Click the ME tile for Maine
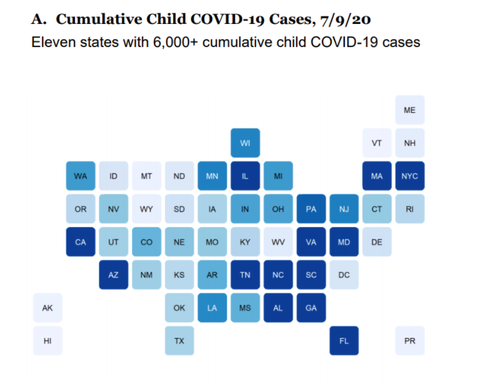pos(409,110)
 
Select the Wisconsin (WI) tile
pos(245,143)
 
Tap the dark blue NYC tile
pos(409,176)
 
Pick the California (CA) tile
pos(80,242)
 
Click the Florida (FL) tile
pos(344,341)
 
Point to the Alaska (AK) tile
pos(48,307)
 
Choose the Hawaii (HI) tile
pos(48,341)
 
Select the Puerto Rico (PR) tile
pos(409,341)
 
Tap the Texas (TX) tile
pos(179,341)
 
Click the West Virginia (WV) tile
pos(278,242)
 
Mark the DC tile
pos(344,275)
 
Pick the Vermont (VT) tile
pos(377,143)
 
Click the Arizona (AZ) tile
pos(113,275)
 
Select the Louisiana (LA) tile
pos(212,307)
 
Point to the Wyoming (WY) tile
pos(146,208)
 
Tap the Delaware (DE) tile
pos(377,242)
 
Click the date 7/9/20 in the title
pos(346,20)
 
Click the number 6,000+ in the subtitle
pos(175,42)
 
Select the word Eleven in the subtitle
pos(53,42)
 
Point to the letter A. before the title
pos(39,19)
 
